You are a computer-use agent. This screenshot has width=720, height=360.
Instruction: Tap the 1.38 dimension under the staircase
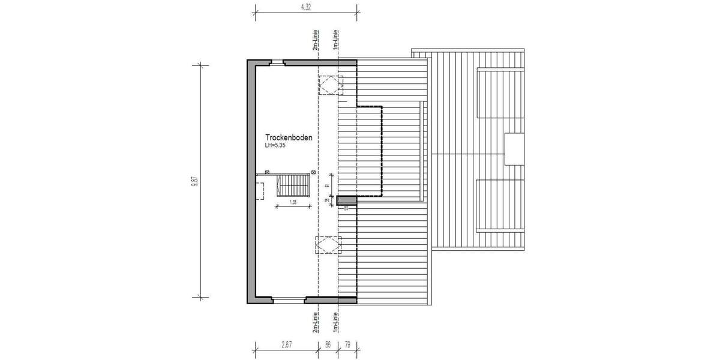[x=293, y=202]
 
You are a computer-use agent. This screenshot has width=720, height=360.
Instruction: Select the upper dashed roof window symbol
[x=329, y=85]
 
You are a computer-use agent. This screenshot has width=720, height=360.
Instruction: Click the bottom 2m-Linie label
[x=315, y=322]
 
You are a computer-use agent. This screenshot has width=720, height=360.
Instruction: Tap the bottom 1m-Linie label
[x=337, y=322]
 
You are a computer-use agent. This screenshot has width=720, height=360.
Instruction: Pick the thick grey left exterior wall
[x=251, y=180]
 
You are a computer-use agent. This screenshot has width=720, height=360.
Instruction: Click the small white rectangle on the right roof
[x=514, y=149]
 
